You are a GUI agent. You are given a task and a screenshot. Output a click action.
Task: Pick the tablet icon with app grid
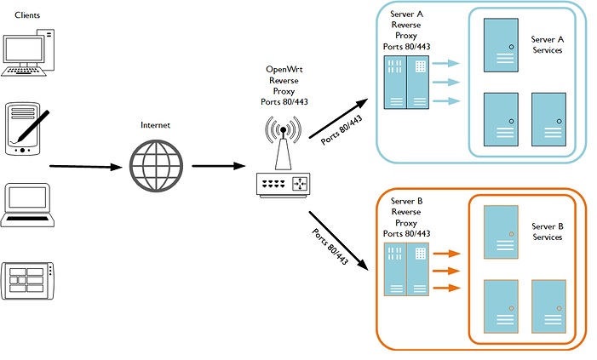click(x=31, y=279)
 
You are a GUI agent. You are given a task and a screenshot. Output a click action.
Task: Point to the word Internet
click(x=155, y=125)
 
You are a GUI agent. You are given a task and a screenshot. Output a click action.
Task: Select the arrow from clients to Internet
click(x=85, y=167)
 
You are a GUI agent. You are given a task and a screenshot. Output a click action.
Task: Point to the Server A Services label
click(x=548, y=45)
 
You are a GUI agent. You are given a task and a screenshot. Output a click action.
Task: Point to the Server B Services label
click(x=548, y=232)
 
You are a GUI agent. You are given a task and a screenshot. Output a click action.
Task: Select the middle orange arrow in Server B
click(x=446, y=271)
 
